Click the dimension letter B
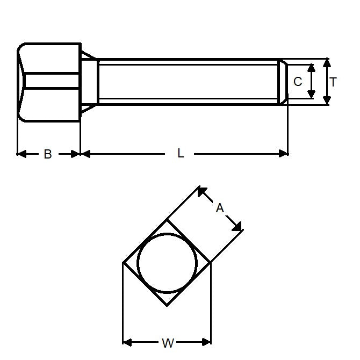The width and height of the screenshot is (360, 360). [x=48, y=154]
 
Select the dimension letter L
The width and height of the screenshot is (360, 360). [x=181, y=154]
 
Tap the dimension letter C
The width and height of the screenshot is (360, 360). [x=298, y=82]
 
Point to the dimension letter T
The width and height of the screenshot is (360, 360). [x=334, y=82]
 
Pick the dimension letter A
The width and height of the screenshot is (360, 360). [x=220, y=207]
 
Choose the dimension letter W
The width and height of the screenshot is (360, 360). [x=168, y=342]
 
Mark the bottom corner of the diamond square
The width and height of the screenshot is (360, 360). [x=167, y=305]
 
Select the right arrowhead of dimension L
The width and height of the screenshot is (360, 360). [x=284, y=154]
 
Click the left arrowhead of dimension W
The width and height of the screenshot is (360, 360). [x=127, y=341]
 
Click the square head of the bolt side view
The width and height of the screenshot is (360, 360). [x=49, y=82]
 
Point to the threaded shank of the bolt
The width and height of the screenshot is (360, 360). [x=188, y=82]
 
